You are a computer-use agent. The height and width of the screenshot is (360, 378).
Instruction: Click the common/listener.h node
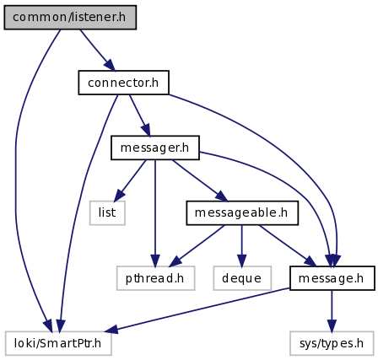[70, 17]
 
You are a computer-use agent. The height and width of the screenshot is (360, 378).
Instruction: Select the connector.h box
[123, 83]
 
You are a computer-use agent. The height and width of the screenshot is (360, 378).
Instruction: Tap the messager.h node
[155, 148]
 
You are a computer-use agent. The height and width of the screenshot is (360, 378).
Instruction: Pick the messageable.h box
[242, 212]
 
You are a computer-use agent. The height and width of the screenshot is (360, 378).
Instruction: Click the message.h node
[332, 278]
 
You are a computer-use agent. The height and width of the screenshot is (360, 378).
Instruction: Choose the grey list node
[107, 212]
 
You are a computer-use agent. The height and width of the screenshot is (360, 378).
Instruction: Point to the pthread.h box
[155, 278]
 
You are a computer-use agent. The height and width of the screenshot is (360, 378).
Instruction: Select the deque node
[242, 278]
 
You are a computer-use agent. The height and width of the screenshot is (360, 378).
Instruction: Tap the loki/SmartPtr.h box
[58, 343]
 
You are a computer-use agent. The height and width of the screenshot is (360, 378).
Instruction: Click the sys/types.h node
[332, 343]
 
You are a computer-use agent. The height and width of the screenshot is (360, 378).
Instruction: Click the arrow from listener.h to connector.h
[97, 50]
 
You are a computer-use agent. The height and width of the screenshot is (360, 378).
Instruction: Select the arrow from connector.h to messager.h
[140, 116]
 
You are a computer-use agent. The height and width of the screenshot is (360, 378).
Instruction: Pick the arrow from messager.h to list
[130, 180]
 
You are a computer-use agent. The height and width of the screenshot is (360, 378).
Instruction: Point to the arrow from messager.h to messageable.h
[200, 180]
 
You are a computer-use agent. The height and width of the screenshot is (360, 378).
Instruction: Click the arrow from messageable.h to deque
[241, 245]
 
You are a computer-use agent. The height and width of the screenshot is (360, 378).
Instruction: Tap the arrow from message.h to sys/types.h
[332, 311]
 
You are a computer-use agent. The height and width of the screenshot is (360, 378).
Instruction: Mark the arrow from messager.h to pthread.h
[155, 213]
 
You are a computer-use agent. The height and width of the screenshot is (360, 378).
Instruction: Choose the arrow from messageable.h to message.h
[288, 245]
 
